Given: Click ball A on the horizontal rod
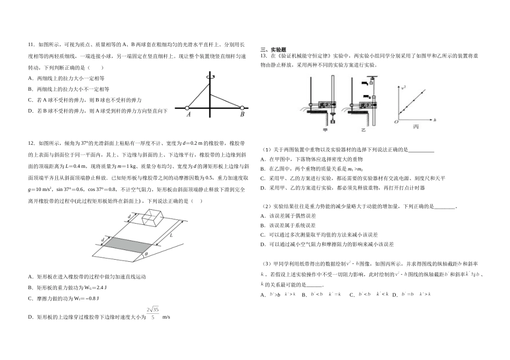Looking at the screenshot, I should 186,107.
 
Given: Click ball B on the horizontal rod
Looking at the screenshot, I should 242,107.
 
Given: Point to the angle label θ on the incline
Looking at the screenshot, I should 146,254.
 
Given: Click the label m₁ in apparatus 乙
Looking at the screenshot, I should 364,84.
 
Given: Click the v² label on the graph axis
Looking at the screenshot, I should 404,86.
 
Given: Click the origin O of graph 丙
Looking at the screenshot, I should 396,122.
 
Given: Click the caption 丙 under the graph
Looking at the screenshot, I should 416,127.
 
